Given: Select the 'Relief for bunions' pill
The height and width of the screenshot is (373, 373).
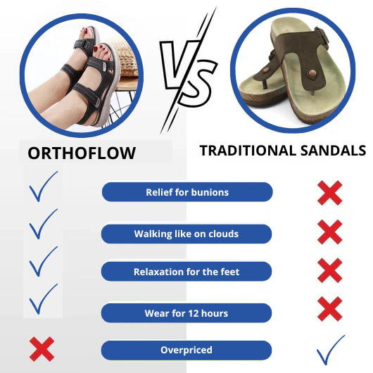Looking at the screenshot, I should [x=187, y=192].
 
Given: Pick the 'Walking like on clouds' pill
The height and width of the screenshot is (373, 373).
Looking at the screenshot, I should [x=186, y=234].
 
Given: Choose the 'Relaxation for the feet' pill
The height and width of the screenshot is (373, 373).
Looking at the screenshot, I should [x=186, y=272].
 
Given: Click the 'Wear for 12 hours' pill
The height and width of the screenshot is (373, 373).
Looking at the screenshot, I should [x=186, y=312].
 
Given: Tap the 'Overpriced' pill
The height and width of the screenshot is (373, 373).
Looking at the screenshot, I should [x=186, y=350].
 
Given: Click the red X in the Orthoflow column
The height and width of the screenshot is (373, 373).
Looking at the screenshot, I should [x=42, y=349].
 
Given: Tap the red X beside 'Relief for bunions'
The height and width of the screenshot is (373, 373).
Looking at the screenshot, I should [x=329, y=192].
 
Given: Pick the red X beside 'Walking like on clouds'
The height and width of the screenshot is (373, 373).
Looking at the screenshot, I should [x=329, y=232].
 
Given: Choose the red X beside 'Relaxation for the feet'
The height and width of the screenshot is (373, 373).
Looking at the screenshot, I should [x=329, y=270].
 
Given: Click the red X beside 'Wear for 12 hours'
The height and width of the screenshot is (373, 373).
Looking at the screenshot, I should [x=329, y=308].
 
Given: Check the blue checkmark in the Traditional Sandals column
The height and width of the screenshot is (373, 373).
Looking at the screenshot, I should [x=331, y=349].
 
